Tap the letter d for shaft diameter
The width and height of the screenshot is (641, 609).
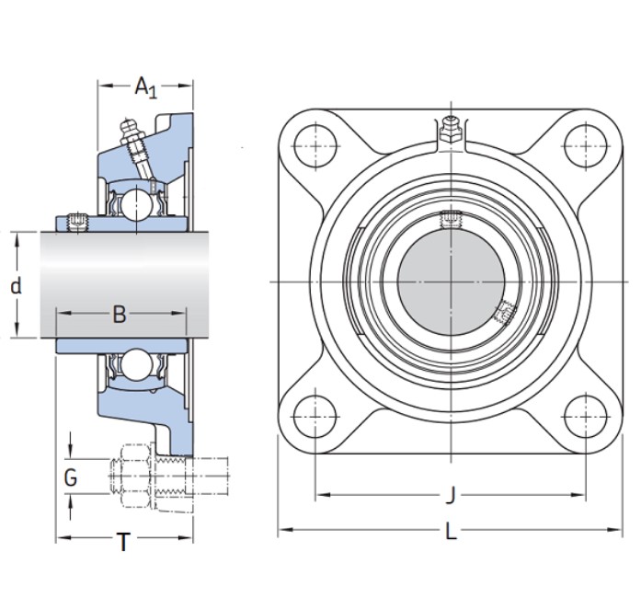tap(16, 286)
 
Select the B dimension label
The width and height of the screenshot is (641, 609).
tap(120, 315)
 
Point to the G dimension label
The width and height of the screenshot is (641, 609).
tap(71, 477)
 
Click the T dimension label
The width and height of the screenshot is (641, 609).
tap(123, 542)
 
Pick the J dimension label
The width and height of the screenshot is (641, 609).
tap(451, 495)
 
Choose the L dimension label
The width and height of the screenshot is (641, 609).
tap(451, 532)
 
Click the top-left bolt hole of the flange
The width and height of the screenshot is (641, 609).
tap(315, 145)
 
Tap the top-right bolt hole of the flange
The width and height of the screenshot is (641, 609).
tap(586, 145)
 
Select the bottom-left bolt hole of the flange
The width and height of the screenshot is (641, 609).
tap(315, 417)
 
